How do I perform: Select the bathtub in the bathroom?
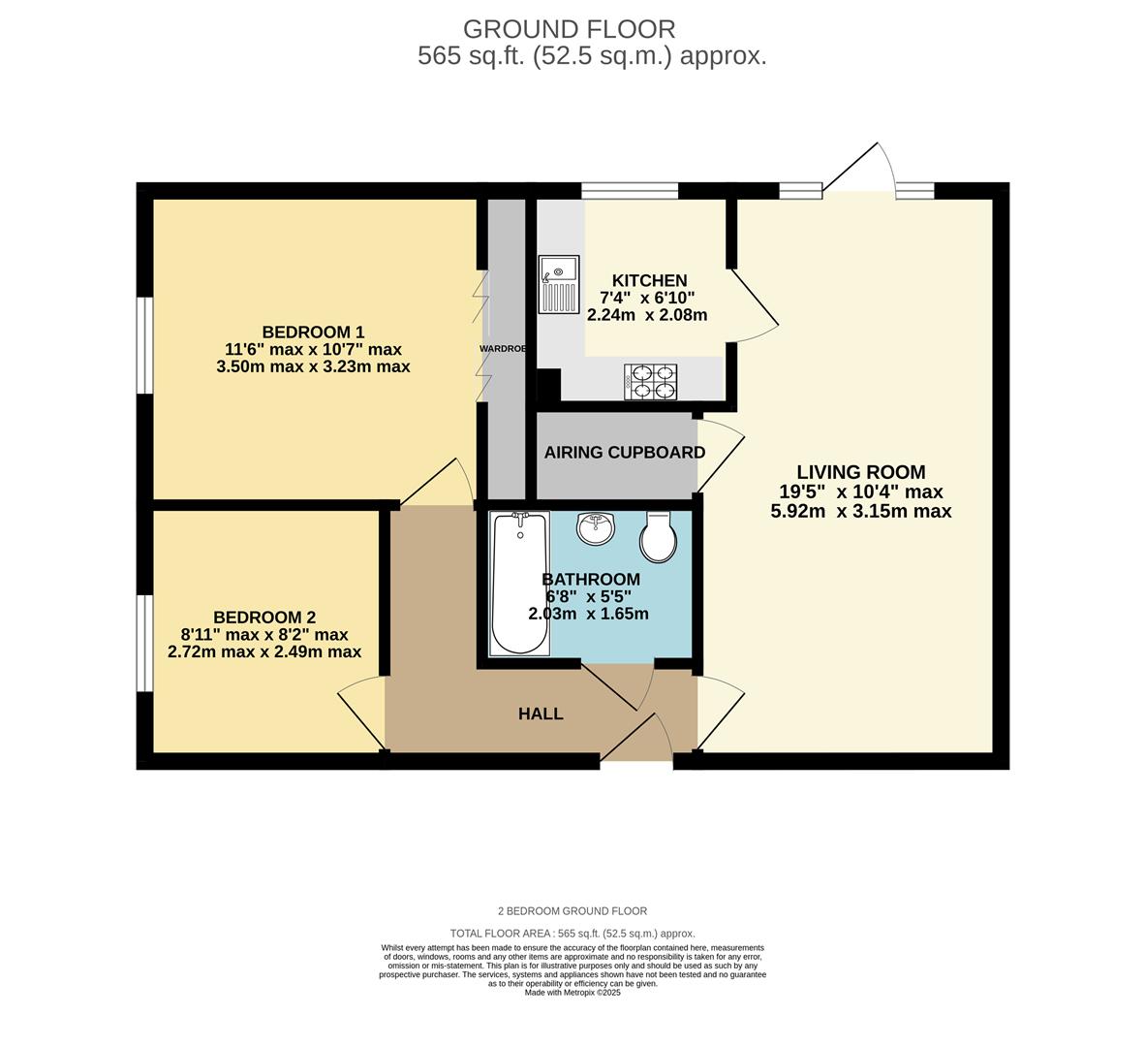519,584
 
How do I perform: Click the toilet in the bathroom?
659,537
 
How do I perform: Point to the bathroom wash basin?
595,528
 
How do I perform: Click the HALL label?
541,714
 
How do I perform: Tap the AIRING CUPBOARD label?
624,453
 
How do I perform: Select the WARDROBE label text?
503,348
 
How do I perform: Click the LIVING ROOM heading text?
860,472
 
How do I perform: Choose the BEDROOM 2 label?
264,618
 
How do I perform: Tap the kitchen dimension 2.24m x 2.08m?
647,315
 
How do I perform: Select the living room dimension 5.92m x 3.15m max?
860,511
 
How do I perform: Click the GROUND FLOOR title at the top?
569,29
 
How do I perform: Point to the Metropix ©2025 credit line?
572,993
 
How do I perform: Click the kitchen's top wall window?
630,190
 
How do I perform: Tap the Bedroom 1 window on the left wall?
144,345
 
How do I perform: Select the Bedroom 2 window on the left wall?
144,643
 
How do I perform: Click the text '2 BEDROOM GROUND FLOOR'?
572,911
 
